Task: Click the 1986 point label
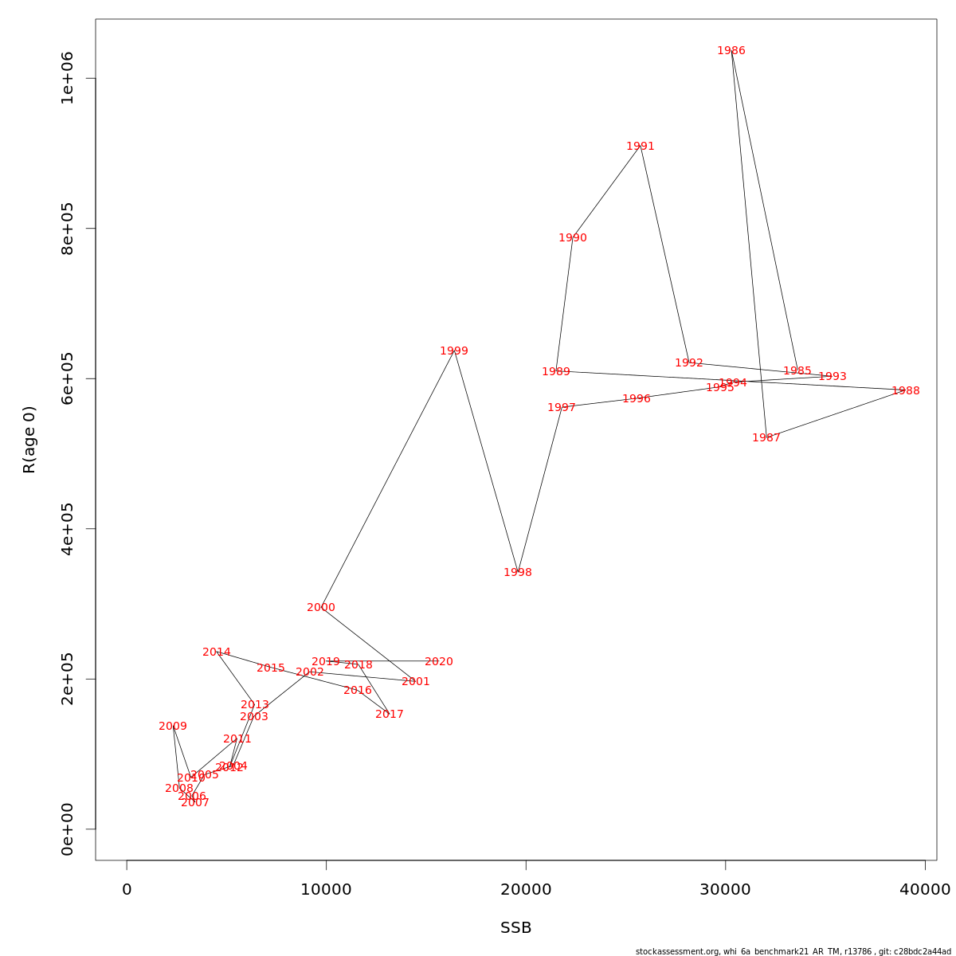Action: [731, 51]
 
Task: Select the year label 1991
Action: [640, 147]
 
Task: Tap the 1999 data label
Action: [454, 351]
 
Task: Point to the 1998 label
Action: [517, 573]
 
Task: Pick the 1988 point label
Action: [905, 391]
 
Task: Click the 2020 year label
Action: [438, 662]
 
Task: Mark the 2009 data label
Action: [173, 727]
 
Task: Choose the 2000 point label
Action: [321, 608]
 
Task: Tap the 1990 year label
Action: [572, 238]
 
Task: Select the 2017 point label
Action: [390, 715]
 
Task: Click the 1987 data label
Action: [766, 438]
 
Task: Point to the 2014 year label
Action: [217, 652]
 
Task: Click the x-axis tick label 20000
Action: [526, 890]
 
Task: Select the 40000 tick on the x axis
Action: [924, 890]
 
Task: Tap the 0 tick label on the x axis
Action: [127, 890]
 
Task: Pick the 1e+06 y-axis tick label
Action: [67, 78]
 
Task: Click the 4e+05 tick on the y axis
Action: [67, 529]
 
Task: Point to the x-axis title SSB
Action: [515, 928]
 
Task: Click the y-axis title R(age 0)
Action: [29, 440]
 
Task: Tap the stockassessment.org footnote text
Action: [793, 951]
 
